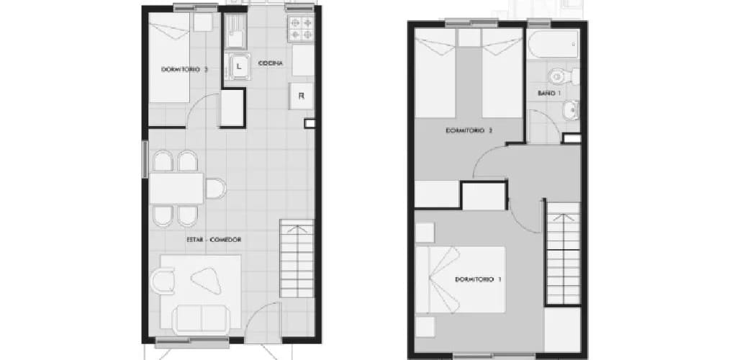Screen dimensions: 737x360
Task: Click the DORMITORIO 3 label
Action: pyautogui.click(x=184, y=69)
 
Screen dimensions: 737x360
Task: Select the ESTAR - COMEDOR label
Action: pyautogui.click(x=214, y=240)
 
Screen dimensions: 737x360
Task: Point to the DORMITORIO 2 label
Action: pyautogui.click(x=469, y=131)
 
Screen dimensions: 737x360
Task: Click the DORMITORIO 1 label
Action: pyautogui.click(x=478, y=279)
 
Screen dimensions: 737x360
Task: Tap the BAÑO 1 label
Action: pyautogui.click(x=549, y=93)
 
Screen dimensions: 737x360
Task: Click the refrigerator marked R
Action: pyautogui.click(x=302, y=96)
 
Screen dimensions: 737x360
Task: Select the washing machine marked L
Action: pyautogui.click(x=238, y=66)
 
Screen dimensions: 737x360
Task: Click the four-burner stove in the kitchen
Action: pyautogui.click(x=301, y=29)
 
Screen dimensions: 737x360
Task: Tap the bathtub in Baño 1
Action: pyautogui.click(x=553, y=44)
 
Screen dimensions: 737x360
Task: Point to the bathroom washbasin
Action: pyautogui.click(x=571, y=109)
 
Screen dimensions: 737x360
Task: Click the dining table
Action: pyautogui.click(x=176, y=189)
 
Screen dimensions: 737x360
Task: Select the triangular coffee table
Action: pyautogui.click(x=207, y=279)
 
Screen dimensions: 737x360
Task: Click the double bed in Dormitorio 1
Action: pyautogui.click(x=461, y=279)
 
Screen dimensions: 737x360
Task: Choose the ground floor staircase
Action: pyautogui.click(x=297, y=258)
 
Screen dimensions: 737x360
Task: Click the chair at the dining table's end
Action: pyautogui.click(x=215, y=189)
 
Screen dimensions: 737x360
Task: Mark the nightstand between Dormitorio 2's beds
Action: pyautogui.click(x=469, y=37)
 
